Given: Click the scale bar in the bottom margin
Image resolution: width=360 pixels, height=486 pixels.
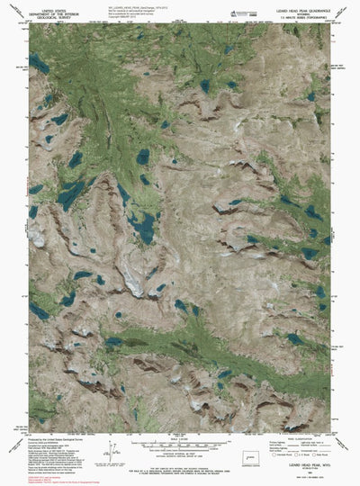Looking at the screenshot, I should pos(179,444).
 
